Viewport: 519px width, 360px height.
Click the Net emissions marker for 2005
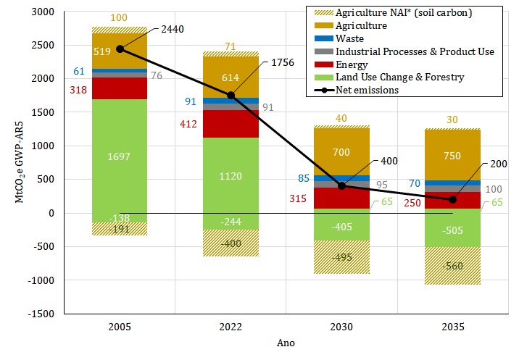click(x=120, y=49)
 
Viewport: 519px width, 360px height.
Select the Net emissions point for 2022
click(x=231, y=95)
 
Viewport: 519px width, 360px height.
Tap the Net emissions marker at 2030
click(x=342, y=185)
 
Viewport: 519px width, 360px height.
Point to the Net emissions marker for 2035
click(x=453, y=199)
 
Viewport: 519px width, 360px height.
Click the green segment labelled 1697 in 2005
click(x=120, y=155)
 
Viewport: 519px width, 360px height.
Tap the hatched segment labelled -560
click(x=453, y=264)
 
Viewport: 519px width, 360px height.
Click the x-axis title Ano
click(x=286, y=342)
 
